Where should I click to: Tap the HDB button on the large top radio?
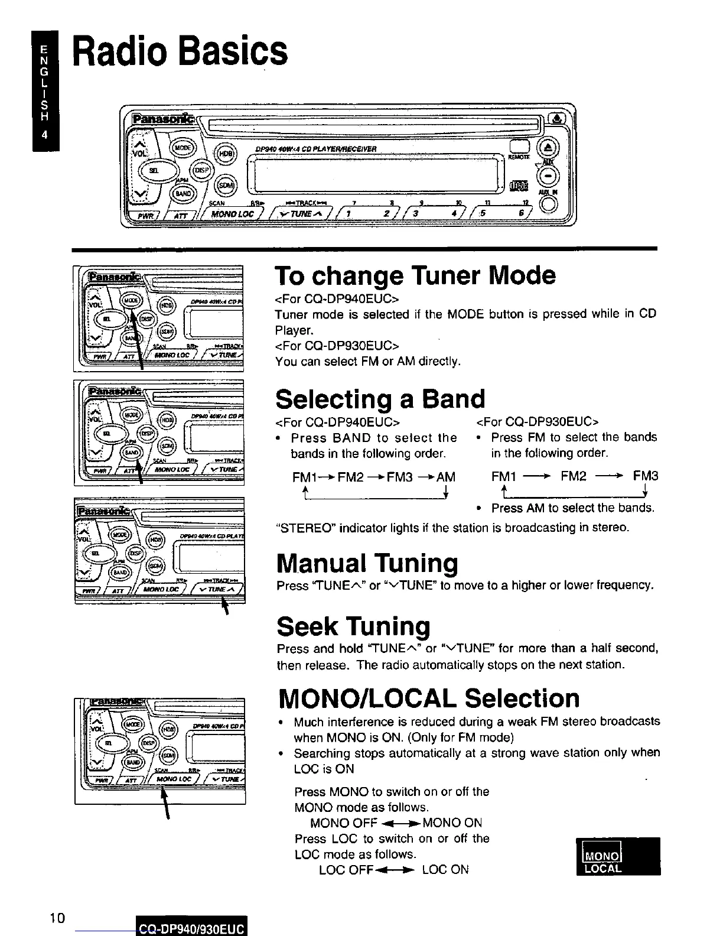(225, 152)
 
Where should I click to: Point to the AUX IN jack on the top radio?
(548, 202)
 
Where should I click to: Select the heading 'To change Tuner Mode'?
(415, 276)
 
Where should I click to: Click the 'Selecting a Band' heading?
(380, 399)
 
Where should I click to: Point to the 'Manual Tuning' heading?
(367, 563)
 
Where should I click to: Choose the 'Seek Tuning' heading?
(353, 626)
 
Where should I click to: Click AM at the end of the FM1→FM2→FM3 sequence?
(445, 477)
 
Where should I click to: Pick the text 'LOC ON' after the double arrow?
(445, 869)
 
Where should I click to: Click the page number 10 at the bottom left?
(57, 918)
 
